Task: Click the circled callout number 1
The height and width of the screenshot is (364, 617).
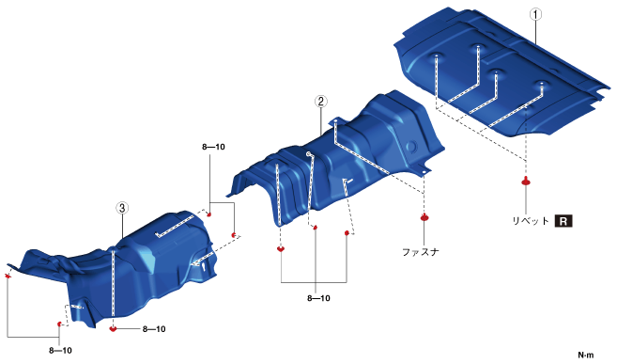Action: (535, 14)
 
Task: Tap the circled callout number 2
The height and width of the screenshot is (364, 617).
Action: (320, 102)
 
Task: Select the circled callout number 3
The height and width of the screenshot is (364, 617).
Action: (122, 208)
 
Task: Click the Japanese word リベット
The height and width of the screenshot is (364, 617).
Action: (531, 221)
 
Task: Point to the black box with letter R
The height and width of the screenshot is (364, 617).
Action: (563, 221)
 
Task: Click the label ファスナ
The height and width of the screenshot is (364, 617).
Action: (420, 252)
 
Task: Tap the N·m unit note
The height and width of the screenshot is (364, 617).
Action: (585, 356)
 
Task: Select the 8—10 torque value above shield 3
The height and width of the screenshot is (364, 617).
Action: (213, 147)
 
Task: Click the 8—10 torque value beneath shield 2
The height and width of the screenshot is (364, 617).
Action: (318, 298)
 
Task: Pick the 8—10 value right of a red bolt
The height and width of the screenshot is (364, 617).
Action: (154, 329)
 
